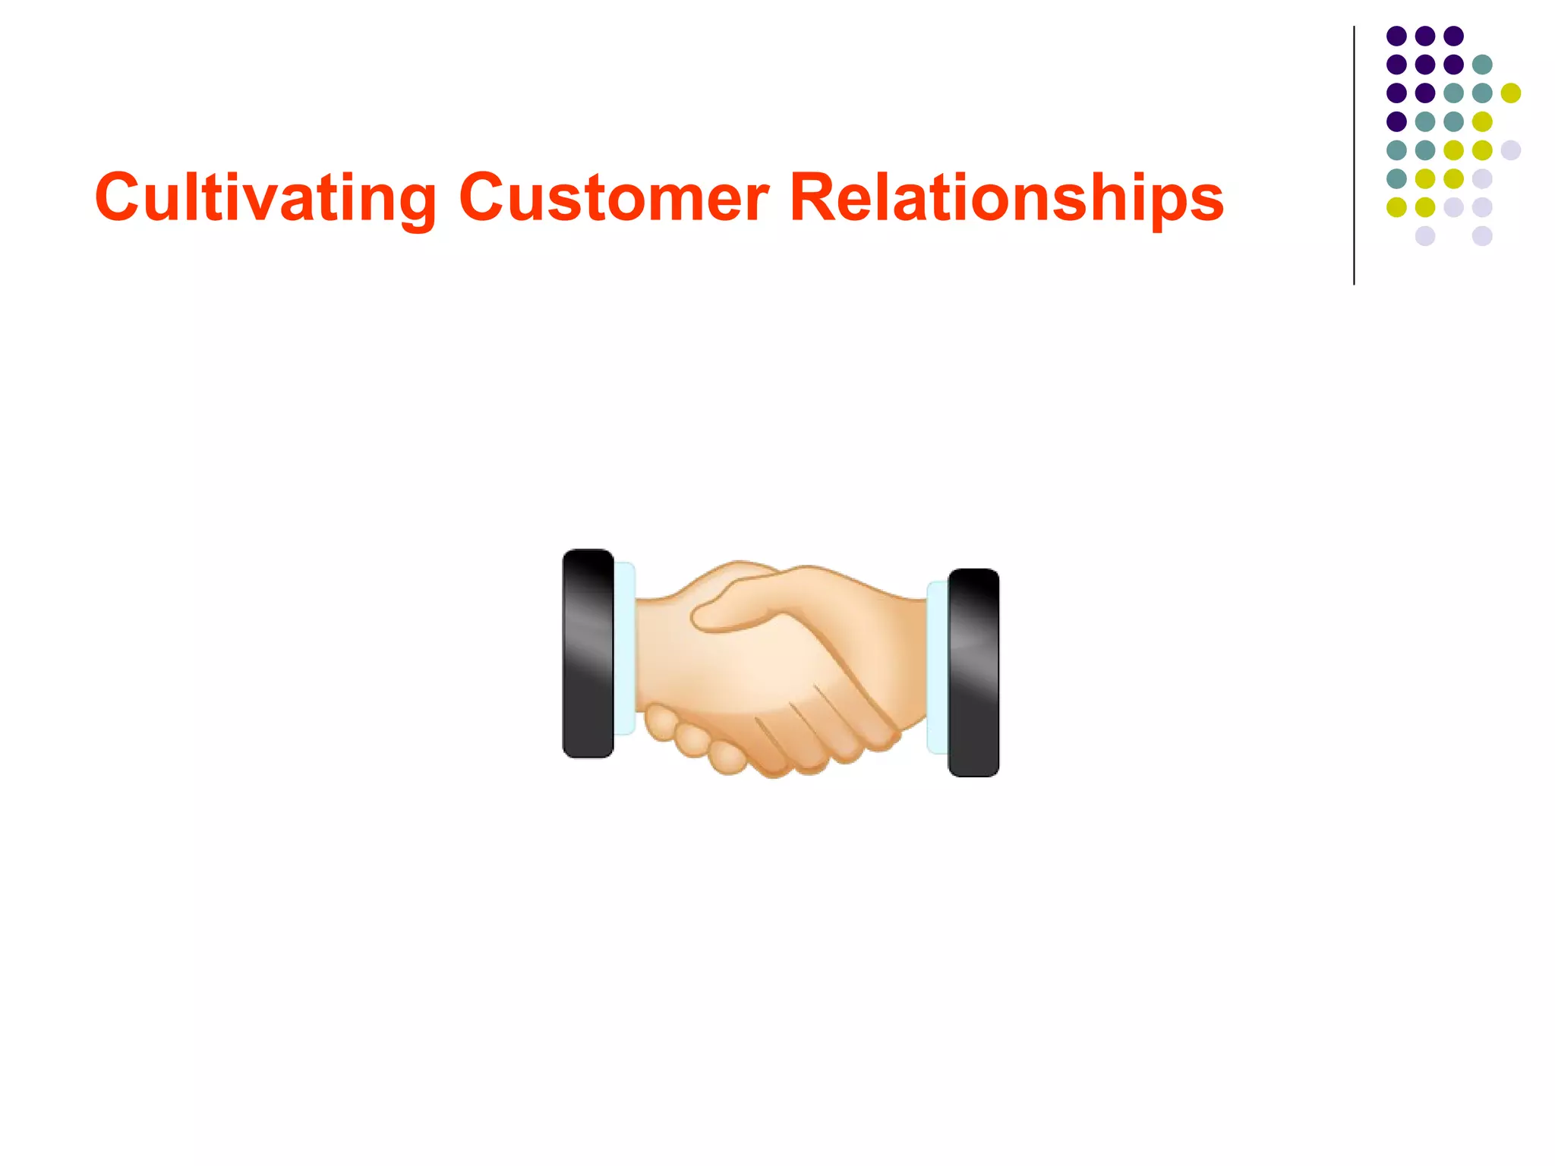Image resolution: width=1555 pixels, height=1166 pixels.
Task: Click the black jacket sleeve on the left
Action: [588, 653]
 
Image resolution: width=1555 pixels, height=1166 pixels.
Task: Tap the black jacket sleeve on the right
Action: [973, 673]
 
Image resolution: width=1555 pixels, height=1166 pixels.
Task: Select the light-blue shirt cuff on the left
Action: [624, 649]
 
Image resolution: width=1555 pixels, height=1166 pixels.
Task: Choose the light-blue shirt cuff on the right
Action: [937, 668]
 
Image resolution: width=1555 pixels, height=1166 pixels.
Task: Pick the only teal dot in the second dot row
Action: [1482, 65]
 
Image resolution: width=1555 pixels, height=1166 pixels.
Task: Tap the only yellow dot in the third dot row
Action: [1511, 93]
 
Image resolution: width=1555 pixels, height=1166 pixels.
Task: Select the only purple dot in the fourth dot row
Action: [1396, 121]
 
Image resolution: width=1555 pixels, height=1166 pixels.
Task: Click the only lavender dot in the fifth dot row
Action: [1511, 150]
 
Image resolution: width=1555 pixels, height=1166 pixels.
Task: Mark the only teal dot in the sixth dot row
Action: [1396, 178]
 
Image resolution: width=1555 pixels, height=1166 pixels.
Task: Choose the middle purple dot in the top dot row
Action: [1425, 36]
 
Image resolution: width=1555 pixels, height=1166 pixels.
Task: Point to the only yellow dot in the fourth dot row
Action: [1482, 121]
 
